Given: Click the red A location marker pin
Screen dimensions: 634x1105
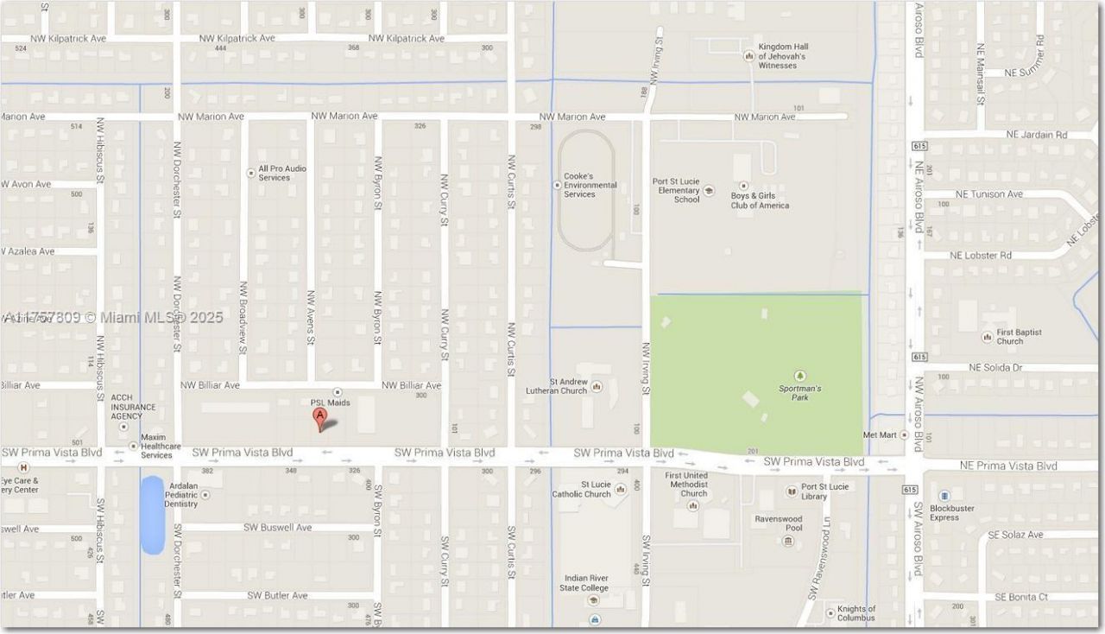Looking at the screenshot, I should (320, 419).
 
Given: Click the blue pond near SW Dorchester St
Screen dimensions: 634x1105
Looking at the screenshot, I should (152, 515).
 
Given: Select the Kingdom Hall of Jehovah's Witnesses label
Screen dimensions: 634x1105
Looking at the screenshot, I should (782, 56).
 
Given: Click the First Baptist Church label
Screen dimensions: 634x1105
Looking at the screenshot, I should (1019, 337).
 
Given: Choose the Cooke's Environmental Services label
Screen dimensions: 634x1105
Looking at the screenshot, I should (590, 185).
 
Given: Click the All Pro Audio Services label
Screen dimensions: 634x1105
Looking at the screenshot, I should (282, 173).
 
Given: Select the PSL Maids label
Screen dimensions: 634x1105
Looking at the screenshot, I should (330, 403).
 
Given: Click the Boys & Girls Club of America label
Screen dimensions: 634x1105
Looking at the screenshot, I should (760, 200).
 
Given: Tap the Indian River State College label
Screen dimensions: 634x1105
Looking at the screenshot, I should (586, 583).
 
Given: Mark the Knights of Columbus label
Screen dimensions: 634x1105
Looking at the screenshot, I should (856, 613).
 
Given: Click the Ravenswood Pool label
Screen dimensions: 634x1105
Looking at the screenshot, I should (778, 523).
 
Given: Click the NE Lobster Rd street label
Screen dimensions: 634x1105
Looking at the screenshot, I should (980, 256).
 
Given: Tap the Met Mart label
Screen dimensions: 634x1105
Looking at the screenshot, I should (880, 434).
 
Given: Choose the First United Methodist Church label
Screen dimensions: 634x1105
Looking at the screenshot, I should (686, 485).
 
